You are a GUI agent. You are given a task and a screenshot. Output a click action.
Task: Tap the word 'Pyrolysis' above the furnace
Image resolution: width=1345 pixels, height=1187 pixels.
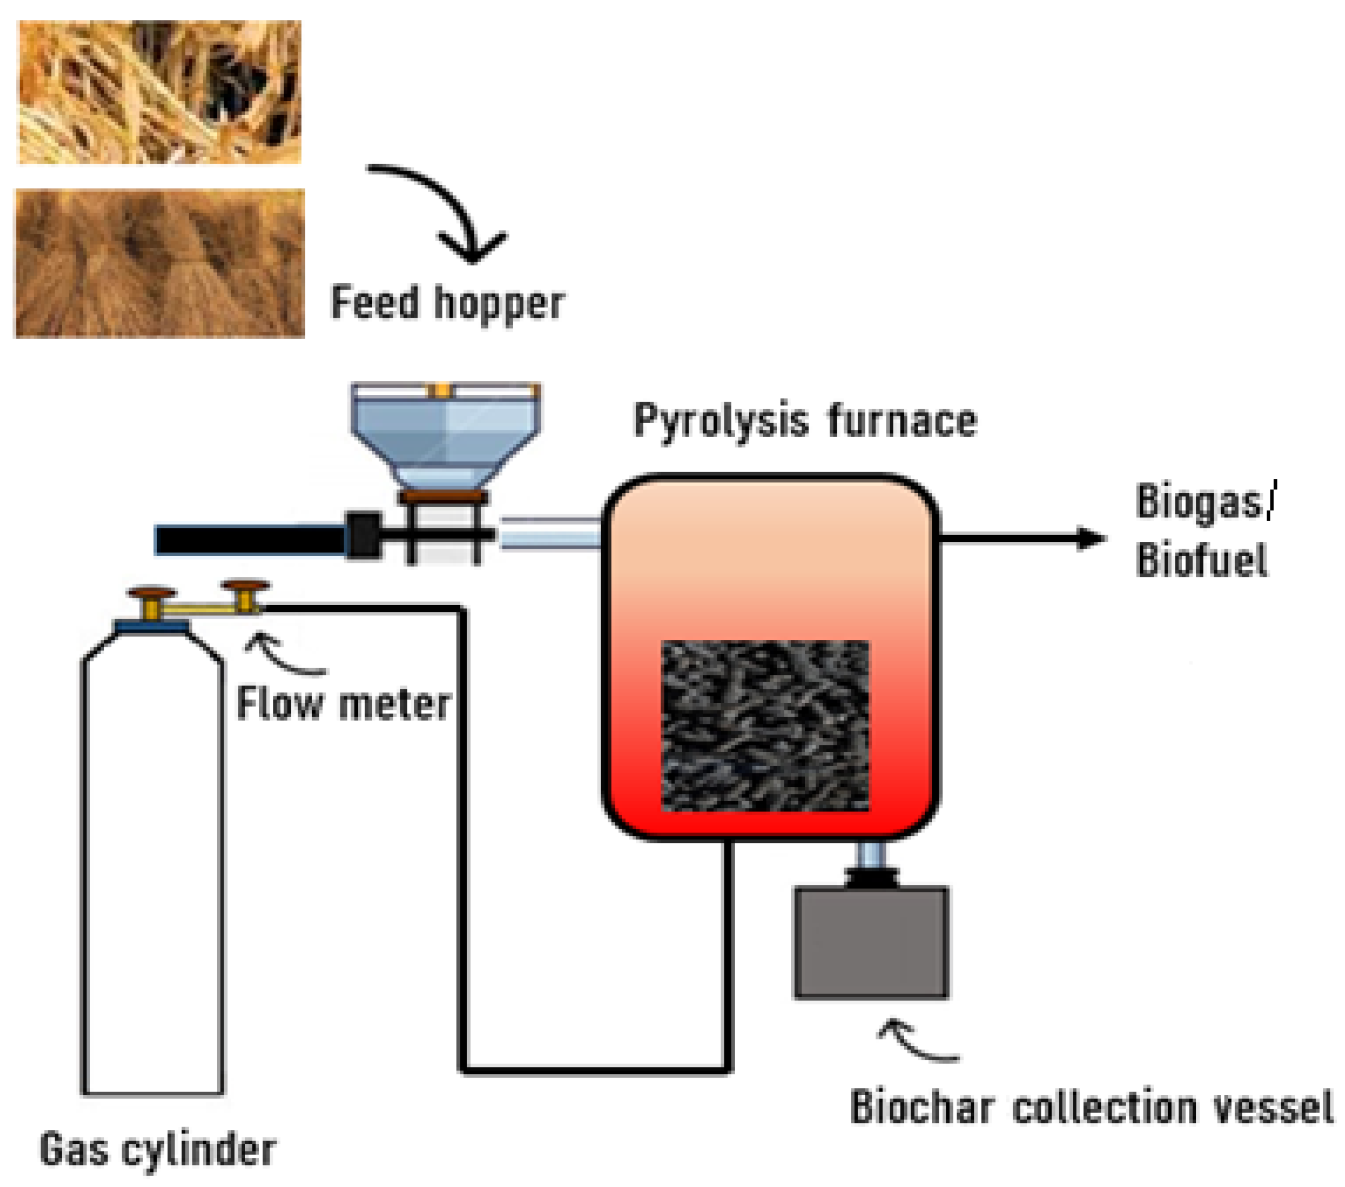[x=720, y=421]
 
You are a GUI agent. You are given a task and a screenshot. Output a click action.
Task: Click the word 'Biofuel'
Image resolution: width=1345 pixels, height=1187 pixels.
[x=1201, y=561]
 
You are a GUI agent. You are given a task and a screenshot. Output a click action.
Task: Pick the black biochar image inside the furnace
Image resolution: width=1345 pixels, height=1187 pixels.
[x=765, y=725]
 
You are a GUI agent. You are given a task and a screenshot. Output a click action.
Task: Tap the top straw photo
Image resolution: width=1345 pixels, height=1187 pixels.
[x=159, y=92]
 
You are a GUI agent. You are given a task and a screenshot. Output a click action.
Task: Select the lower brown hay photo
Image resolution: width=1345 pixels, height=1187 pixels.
[x=159, y=263]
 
